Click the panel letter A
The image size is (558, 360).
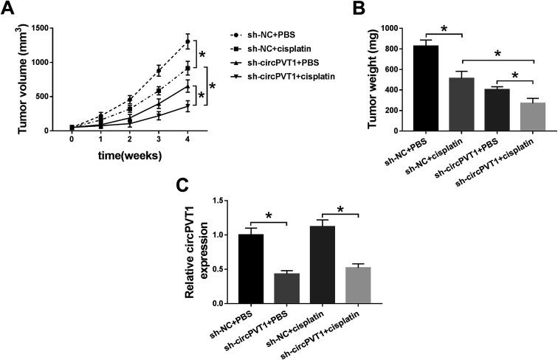click(9, 9)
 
